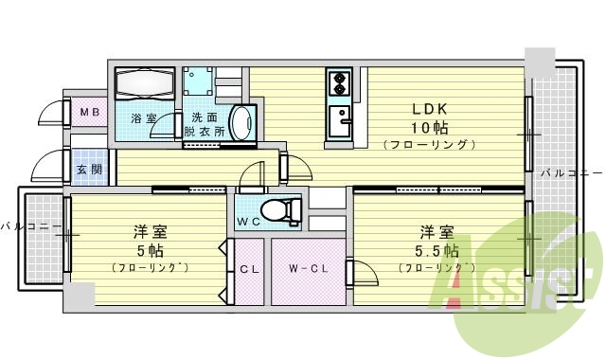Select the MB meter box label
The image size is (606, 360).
point(88,114)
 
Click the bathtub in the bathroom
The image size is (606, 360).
point(143,84)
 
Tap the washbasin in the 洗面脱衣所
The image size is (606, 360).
point(241,122)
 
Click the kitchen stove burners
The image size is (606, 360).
point(338,84)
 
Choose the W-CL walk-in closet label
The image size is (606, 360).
point(308,269)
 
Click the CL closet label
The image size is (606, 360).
point(249,269)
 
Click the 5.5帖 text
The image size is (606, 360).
point(437,251)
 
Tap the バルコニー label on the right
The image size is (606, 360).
point(571,173)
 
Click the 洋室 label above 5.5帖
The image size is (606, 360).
point(437,231)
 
